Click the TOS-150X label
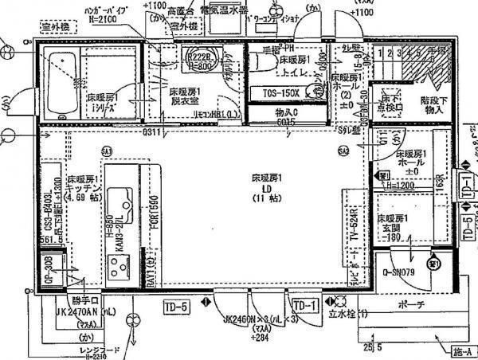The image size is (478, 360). [x=280, y=93]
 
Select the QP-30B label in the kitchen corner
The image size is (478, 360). [x=49, y=268]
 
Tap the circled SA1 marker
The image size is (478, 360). [x=106, y=149]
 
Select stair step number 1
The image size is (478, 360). [x=382, y=53]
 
